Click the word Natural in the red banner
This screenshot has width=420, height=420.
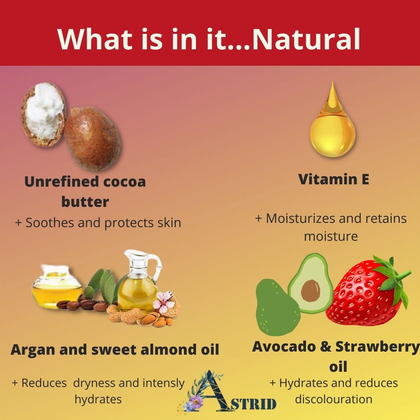click(306, 39)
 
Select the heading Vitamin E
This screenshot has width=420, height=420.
click(334, 179)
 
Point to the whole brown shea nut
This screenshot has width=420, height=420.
click(93, 138)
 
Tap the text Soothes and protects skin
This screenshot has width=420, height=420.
click(103, 223)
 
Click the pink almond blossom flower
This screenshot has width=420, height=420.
click(163, 302)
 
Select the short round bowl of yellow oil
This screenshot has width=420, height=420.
click(57, 287)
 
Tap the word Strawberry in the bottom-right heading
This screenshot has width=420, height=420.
click(377, 346)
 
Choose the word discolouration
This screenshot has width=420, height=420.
click(334, 399)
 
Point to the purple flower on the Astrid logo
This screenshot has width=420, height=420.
click(196, 401)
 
